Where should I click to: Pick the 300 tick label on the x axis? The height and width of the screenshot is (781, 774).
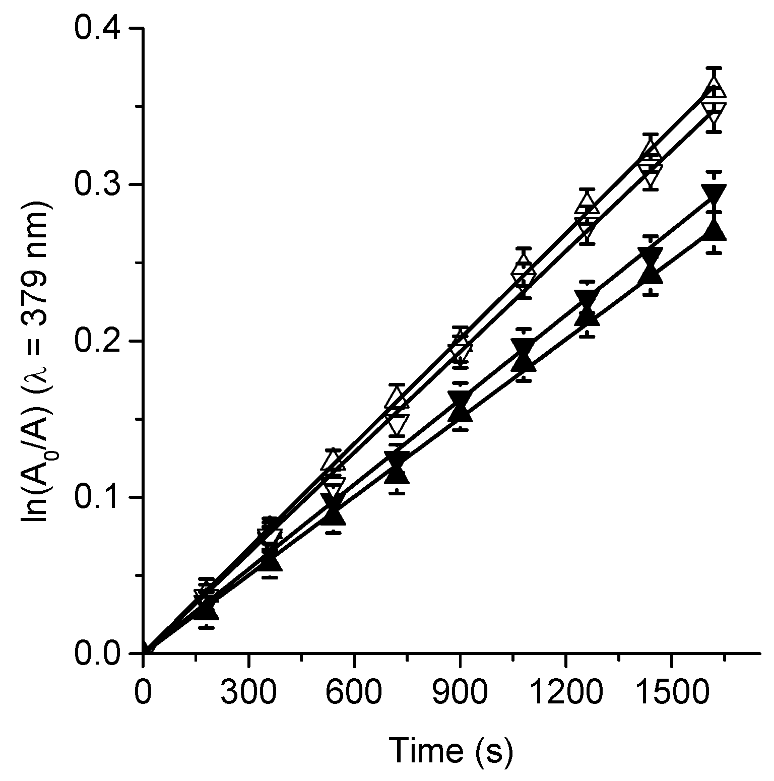click(248, 692)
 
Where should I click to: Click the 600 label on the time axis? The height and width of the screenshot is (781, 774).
click(354, 692)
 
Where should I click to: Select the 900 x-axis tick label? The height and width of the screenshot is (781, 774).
click(460, 692)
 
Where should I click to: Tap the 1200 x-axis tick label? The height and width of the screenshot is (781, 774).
click(565, 692)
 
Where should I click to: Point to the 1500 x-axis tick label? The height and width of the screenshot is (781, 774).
click(671, 692)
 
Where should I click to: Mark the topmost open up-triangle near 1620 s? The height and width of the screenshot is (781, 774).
click(715, 88)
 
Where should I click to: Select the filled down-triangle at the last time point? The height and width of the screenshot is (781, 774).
click(714, 193)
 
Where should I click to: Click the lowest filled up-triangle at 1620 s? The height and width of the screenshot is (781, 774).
click(714, 232)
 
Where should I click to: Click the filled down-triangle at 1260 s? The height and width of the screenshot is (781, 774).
click(588, 298)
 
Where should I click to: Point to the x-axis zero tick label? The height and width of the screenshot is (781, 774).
click(143, 692)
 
